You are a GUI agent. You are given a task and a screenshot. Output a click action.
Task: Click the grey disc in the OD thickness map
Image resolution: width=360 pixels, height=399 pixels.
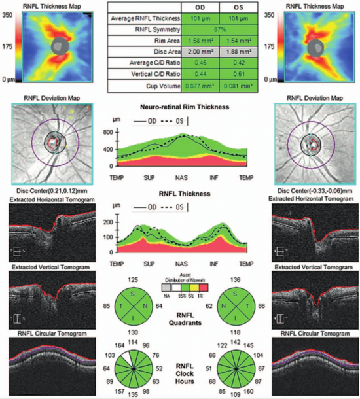coord(60,46)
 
